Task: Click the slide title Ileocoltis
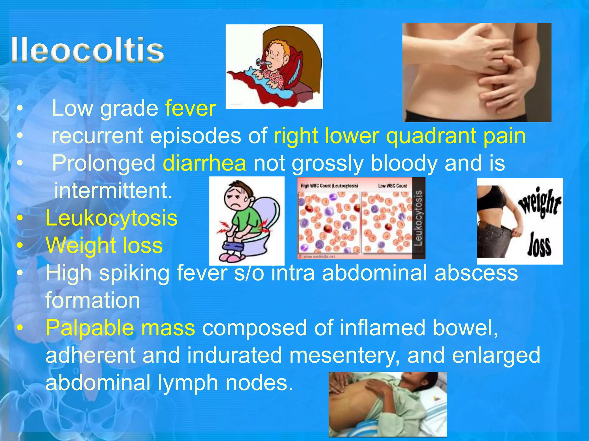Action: tap(87, 50)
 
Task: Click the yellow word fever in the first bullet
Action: tap(190, 108)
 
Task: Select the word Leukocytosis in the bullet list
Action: tap(112, 218)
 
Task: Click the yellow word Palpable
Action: tap(90, 328)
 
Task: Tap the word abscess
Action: tap(476, 273)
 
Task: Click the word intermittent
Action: tap(113, 190)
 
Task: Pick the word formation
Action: tap(93, 300)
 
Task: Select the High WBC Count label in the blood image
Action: tap(329, 186)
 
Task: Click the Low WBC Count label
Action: tap(392, 186)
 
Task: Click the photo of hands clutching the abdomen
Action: tap(477, 72)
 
